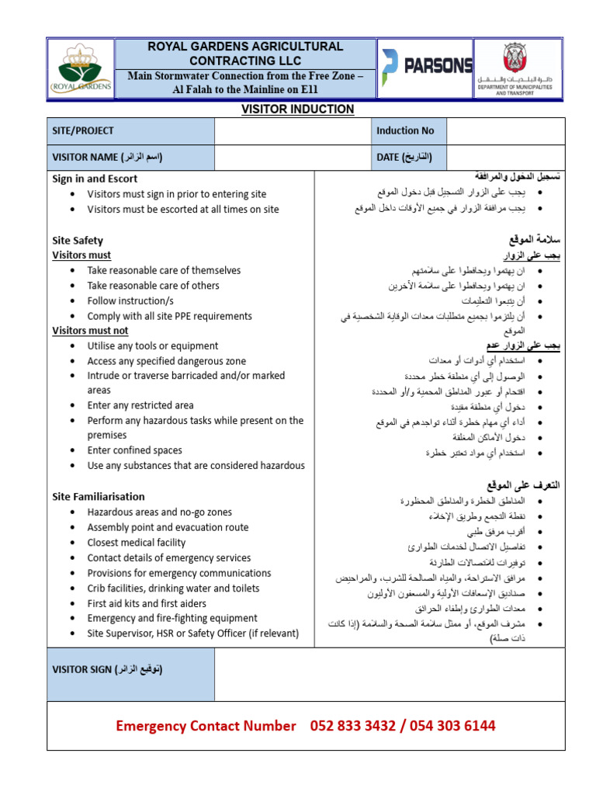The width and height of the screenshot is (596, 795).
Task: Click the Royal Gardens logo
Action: pos(81,69)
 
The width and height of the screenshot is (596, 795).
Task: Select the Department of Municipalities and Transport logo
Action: pos(518,68)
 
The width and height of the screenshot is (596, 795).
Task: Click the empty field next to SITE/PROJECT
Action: pos(292,131)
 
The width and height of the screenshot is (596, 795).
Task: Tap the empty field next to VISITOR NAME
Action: pos(292,157)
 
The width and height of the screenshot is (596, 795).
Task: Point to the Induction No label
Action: pos(405,131)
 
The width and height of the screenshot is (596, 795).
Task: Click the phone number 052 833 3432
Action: pos(354,726)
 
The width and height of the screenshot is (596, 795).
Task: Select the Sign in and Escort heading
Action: pos(95,179)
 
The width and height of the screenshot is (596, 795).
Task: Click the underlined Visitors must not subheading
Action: pos(90,331)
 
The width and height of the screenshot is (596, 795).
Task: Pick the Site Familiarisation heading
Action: pos(98,496)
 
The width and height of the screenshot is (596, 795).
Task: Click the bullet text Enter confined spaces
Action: pos(134,450)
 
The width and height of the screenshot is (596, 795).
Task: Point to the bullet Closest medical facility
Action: pos(137,543)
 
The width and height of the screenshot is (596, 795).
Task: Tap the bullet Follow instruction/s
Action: pos(130,300)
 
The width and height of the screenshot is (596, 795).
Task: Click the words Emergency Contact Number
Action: pos(206,726)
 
